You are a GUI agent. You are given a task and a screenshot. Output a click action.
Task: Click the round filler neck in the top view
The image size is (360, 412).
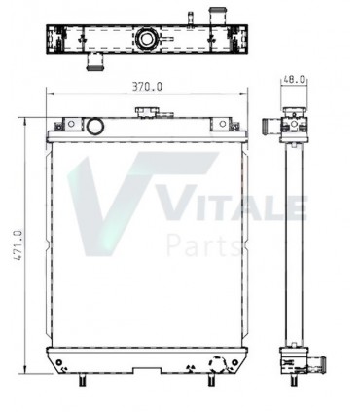146,40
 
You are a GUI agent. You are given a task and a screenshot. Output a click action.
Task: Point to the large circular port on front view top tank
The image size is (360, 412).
95,127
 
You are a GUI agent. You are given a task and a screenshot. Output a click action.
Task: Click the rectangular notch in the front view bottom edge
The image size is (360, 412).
147,371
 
